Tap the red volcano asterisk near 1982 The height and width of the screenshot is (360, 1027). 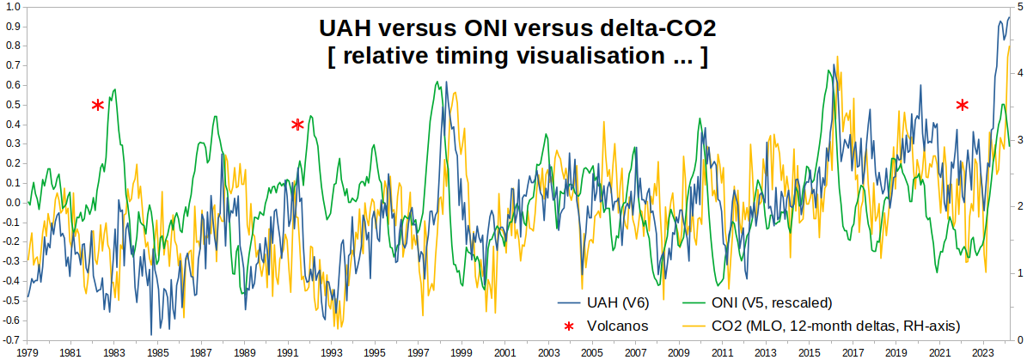pos(98,105)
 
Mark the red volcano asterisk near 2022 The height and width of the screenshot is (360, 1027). pos(963,105)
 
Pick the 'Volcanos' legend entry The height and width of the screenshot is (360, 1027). pos(617,326)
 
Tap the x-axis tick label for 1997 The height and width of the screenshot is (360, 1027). pos(419,352)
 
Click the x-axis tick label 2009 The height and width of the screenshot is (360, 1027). pos(679,352)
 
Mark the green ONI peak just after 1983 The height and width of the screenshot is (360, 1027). pos(115,89)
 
